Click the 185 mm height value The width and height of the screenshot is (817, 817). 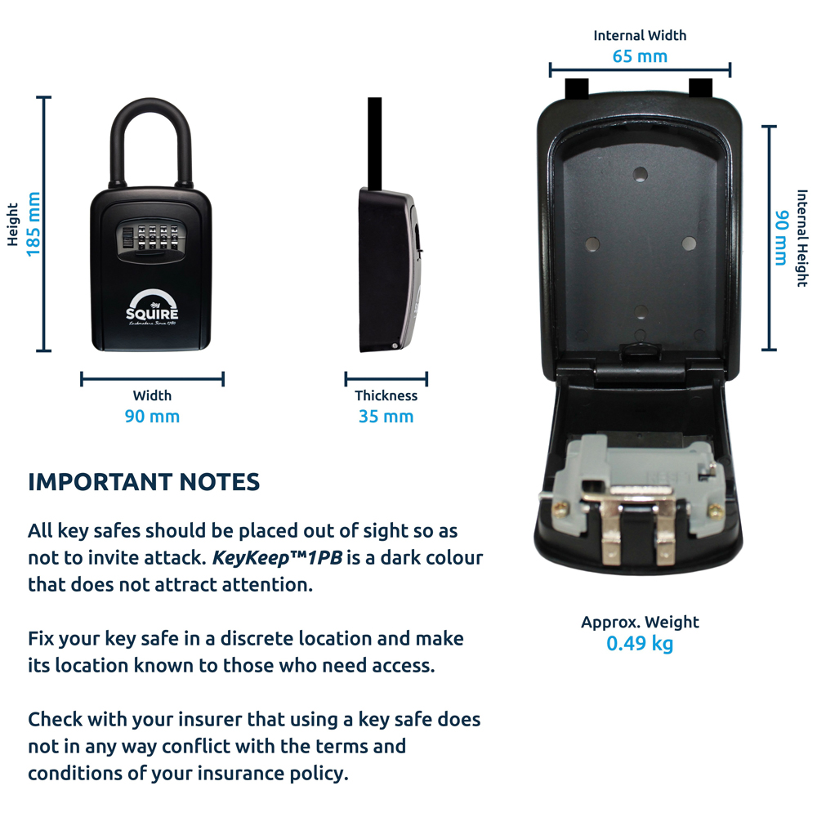[x=33, y=225]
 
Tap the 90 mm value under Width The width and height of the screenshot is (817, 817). [x=152, y=417]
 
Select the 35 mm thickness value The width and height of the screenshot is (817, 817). [x=386, y=417]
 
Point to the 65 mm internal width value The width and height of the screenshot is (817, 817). [x=640, y=56]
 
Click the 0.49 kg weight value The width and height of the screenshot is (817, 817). [x=640, y=644]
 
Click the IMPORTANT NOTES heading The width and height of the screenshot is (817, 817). [x=144, y=482]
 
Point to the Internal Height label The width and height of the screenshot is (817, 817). [x=801, y=238]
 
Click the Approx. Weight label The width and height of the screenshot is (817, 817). [x=640, y=623]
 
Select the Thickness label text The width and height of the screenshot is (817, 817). [x=386, y=396]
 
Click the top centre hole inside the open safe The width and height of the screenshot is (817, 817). [x=641, y=174]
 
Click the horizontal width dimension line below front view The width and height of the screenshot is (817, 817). [x=152, y=378]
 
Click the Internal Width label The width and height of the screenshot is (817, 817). [x=640, y=36]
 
